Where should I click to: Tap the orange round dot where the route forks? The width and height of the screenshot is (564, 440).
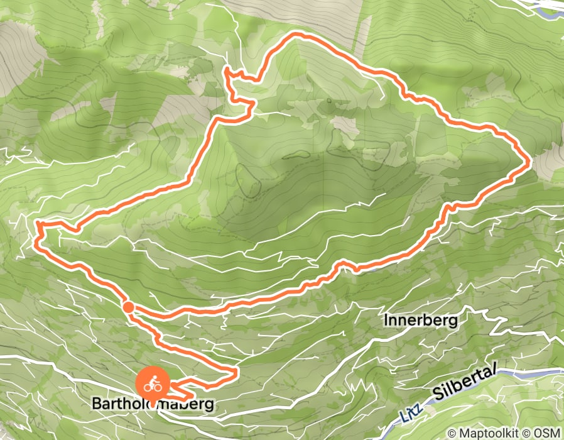click(127, 307)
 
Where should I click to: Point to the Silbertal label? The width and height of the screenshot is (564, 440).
click(464, 384)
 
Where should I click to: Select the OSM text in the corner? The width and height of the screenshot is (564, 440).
click(547, 433)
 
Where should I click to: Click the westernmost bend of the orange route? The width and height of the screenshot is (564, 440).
click(36, 224)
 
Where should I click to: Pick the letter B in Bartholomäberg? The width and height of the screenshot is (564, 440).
click(97, 403)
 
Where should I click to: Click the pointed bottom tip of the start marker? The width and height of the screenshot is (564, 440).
click(151, 398)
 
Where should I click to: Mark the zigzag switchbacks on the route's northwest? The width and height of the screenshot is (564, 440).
click(236, 88)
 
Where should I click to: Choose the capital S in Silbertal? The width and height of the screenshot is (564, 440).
click(437, 396)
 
